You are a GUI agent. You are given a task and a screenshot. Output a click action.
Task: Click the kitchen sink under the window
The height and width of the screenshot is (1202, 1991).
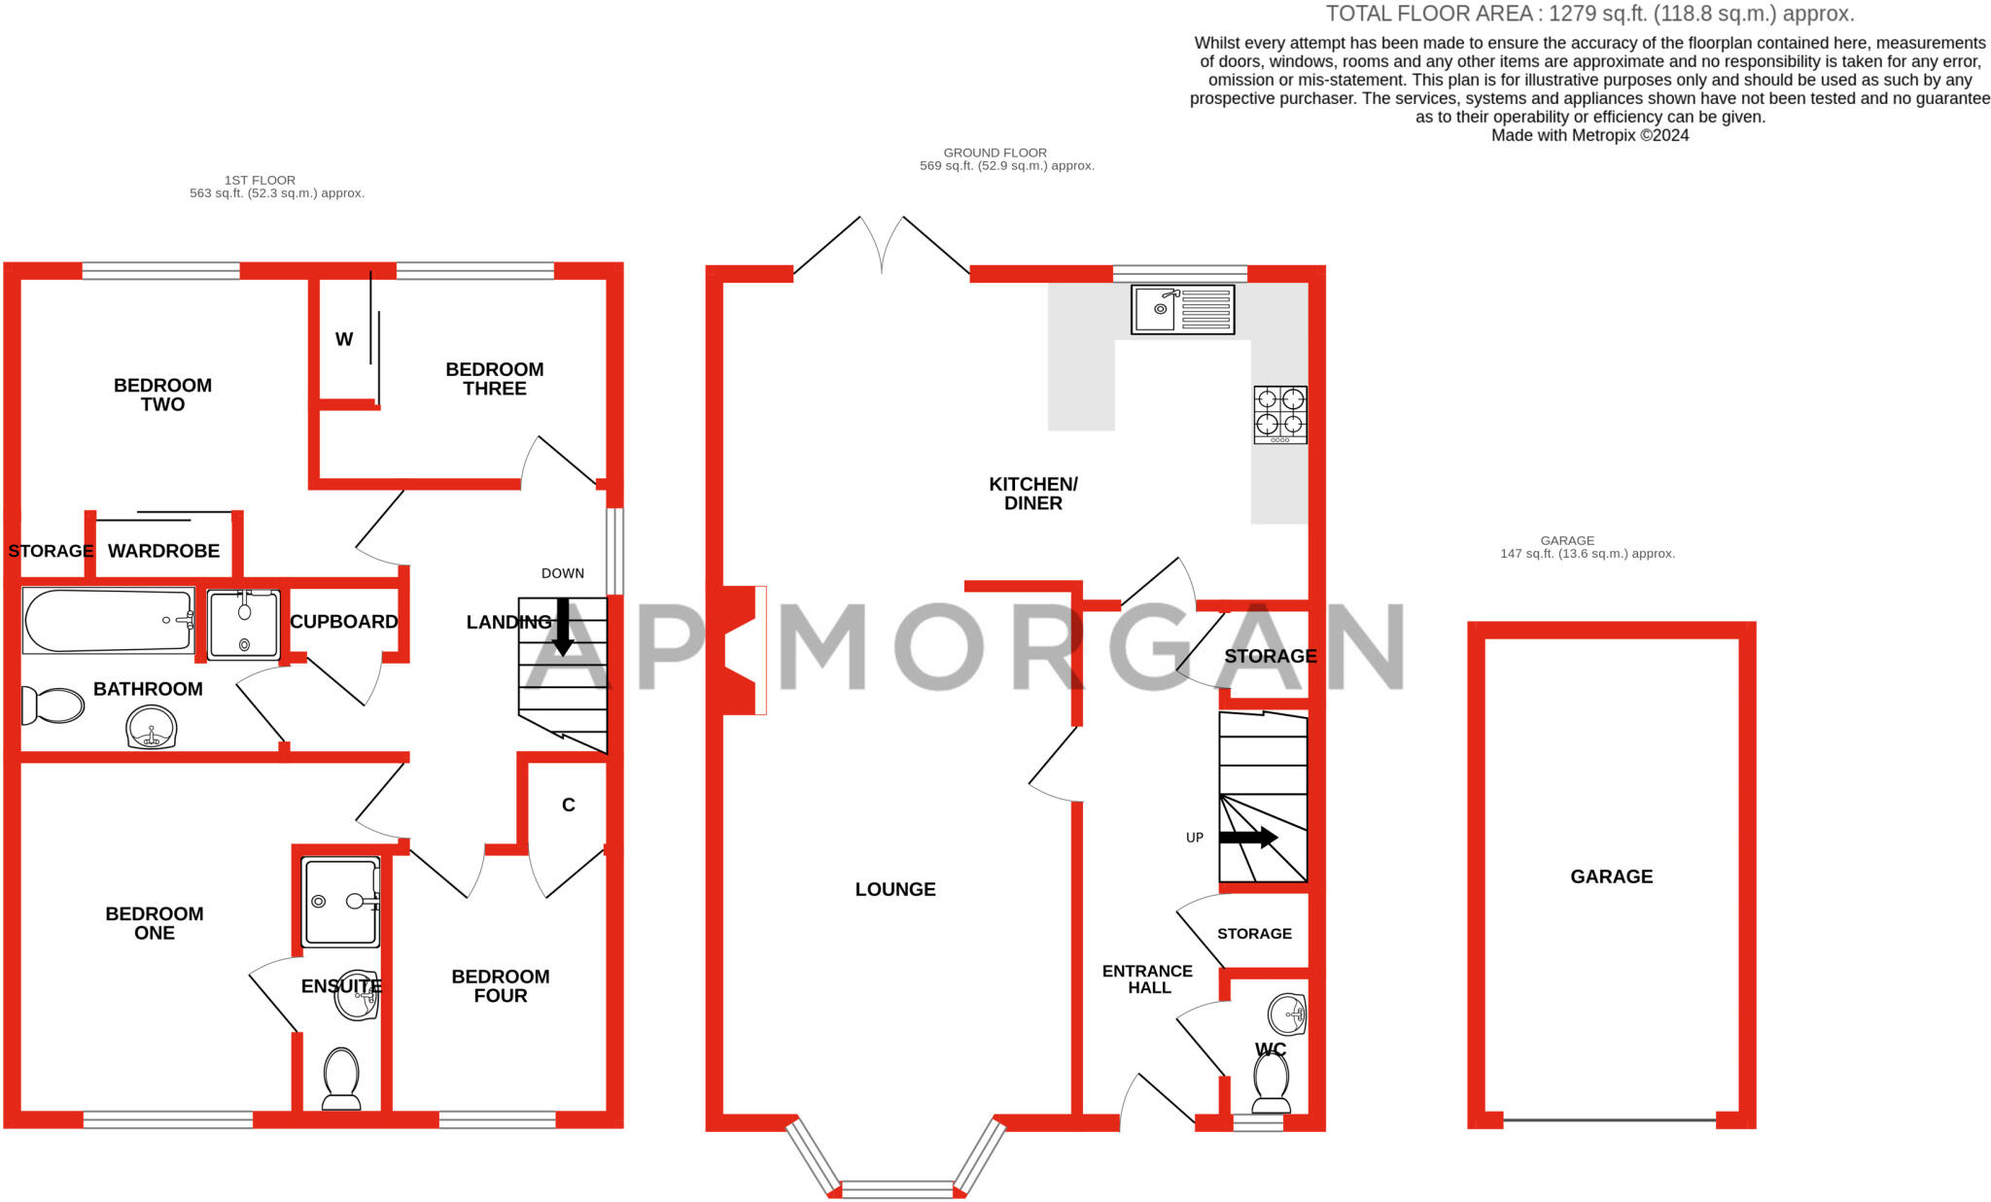[x=1182, y=310]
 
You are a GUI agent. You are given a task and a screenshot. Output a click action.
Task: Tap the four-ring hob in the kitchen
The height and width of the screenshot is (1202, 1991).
[x=1279, y=415]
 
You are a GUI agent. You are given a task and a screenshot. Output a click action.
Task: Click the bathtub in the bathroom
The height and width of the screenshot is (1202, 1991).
[x=108, y=621]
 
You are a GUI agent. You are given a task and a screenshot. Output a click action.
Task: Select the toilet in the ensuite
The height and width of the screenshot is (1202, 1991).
[x=340, y=1078]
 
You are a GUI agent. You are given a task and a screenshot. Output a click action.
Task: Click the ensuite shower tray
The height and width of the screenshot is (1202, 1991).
[x=339, y=902]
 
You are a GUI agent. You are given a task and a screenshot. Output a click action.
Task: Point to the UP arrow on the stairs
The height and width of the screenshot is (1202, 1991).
[x=1248, y=837]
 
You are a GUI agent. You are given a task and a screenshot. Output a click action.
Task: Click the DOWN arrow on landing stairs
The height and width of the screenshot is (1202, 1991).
[x=562, y=626]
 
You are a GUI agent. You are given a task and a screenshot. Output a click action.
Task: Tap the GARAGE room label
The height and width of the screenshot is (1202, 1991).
[x=1611, y=876]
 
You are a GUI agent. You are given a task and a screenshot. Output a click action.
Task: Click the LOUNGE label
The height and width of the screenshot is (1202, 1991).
[x=894, y=889]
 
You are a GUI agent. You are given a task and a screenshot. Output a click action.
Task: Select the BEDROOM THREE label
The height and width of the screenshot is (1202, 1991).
[x=494, y=379]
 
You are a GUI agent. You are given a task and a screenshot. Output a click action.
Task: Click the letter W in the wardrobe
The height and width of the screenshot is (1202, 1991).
[x=344, y=339]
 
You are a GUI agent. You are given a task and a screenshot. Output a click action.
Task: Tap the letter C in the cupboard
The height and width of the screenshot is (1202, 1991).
[x=568, y=805]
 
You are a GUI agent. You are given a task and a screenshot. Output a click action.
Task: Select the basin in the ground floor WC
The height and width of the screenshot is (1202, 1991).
[x=1287, y=1015]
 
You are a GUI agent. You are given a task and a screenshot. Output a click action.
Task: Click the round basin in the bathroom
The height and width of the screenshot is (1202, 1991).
[x=152, y=727]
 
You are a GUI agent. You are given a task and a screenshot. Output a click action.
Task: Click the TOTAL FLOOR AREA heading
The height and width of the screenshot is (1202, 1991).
[x=1589, y=14]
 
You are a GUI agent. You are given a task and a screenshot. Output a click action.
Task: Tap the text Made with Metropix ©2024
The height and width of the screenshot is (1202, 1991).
[x=1589, y=136]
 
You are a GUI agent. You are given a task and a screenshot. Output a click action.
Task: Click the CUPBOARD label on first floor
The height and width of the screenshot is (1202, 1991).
[x=343, y=622]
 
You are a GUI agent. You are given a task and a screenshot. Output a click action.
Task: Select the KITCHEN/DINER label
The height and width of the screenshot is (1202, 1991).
[x=1032, y=494]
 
